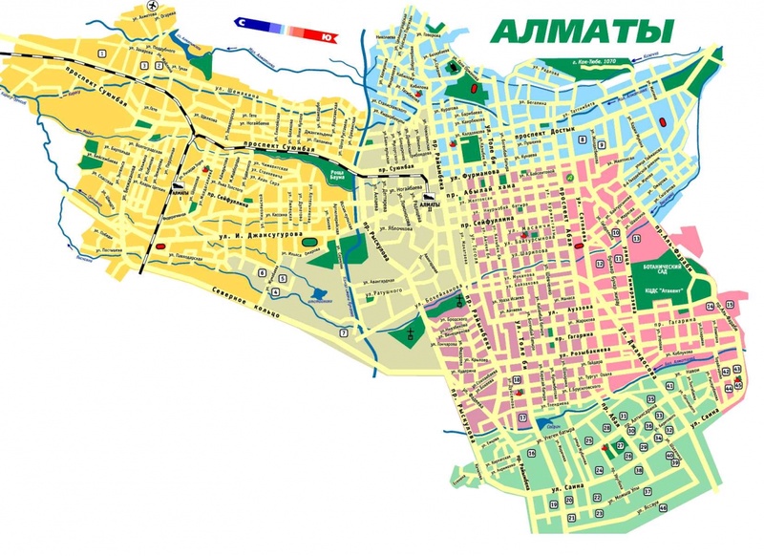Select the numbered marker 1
(x=143, y=65)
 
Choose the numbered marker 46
(x=729, y=388)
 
